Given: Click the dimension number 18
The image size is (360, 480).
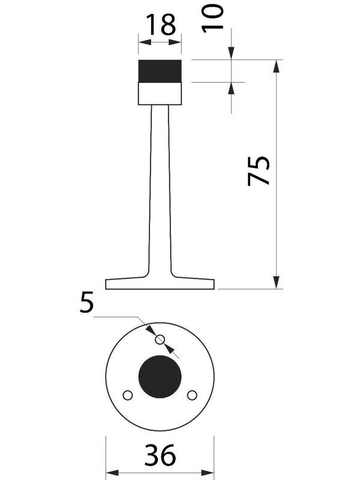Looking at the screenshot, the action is [161, 24].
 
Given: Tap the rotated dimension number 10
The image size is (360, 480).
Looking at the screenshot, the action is [212, 17].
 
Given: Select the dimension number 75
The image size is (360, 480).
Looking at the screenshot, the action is [259, 171].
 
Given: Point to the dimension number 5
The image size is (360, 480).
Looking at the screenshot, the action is [86, 302].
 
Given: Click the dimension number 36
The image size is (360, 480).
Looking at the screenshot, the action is [160, 455].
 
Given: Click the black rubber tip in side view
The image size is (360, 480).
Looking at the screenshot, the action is [160, 71].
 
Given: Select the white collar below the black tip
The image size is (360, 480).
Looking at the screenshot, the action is [160, 94].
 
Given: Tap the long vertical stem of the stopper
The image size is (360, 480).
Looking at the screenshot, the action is [160, 190].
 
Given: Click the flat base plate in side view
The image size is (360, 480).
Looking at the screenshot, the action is [160, 284].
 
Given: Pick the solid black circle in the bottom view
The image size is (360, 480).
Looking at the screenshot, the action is [160, 377].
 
